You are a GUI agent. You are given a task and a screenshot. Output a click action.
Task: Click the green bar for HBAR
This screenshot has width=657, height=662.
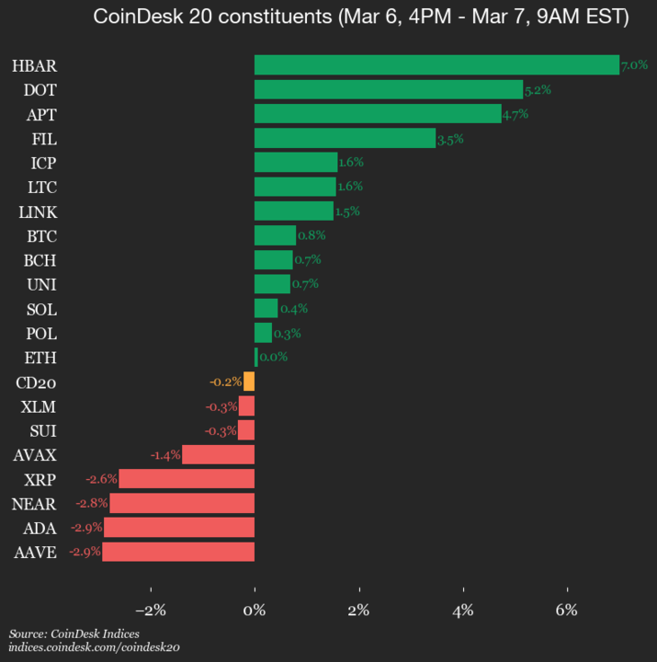click(x=436, y=64)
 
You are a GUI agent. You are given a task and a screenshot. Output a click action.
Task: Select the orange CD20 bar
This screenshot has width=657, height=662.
click(x=249, y=382)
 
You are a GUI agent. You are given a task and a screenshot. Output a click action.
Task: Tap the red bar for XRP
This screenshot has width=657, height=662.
click(x=187, y=479)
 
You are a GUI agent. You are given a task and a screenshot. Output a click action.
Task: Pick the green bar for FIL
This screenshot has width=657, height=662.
click(x=345, y=138)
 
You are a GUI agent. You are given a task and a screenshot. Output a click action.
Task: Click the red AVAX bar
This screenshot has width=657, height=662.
click(x=218, y=454)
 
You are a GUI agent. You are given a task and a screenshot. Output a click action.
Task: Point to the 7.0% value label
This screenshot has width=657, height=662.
click(x=635, y=65)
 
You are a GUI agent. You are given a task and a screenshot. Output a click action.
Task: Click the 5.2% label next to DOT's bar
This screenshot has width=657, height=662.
click(x=537, y=90)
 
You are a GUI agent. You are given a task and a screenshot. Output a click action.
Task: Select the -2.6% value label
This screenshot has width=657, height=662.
click(x=101, y=479)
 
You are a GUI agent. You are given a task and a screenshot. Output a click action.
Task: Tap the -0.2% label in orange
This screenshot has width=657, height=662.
click(x=225, y=382)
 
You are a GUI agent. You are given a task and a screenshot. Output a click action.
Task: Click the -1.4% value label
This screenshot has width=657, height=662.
click(x=164, y=454)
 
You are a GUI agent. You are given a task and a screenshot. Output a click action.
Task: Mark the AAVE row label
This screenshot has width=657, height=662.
click(x=36, y=553)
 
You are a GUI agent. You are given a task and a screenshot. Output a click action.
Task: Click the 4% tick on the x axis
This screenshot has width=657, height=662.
click(x=463, y=610)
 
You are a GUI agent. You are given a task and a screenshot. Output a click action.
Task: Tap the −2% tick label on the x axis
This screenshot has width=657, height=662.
click(x=150, y=610)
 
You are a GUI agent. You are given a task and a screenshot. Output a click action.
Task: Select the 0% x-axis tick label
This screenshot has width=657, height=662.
click(x=255, y=610)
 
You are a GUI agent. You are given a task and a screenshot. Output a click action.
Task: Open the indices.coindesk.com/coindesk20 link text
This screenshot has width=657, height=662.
click(x=94, y=647)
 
